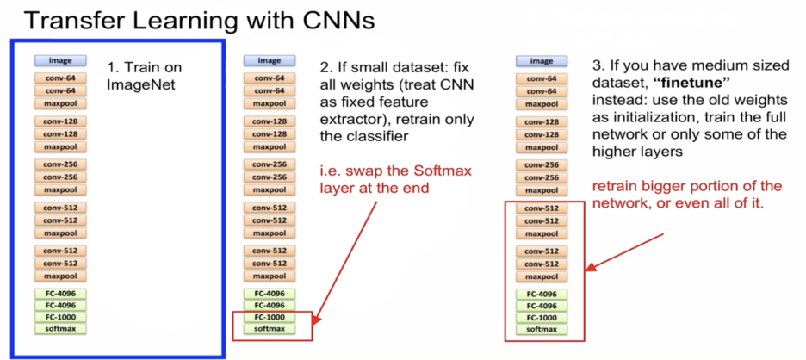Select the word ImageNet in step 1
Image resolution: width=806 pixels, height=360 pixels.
tap(139, 84)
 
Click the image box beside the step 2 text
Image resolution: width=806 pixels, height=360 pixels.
tap(269, 61)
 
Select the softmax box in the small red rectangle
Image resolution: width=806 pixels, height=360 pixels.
tap(269, 328)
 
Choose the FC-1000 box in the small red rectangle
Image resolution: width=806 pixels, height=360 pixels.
tap(269, 316)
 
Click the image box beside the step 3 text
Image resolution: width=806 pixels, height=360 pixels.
tap(541, 61)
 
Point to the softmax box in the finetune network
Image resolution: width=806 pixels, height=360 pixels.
tap(541, 328)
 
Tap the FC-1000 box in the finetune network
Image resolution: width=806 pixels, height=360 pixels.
tap(541, 316)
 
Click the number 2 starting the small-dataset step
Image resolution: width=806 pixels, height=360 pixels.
tap(325, 65)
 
